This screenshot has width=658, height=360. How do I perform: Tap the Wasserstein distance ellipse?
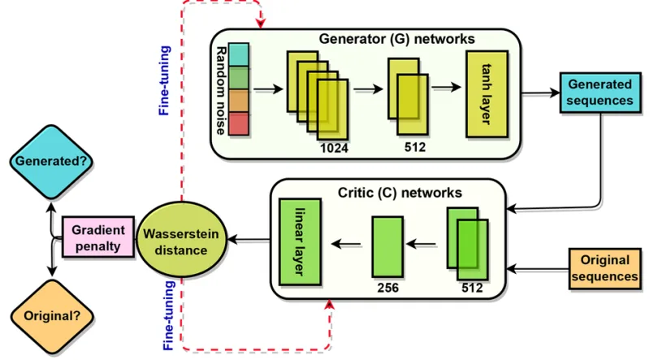click(x=180, y=241)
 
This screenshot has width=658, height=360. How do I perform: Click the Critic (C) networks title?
click(x=399, y=193)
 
